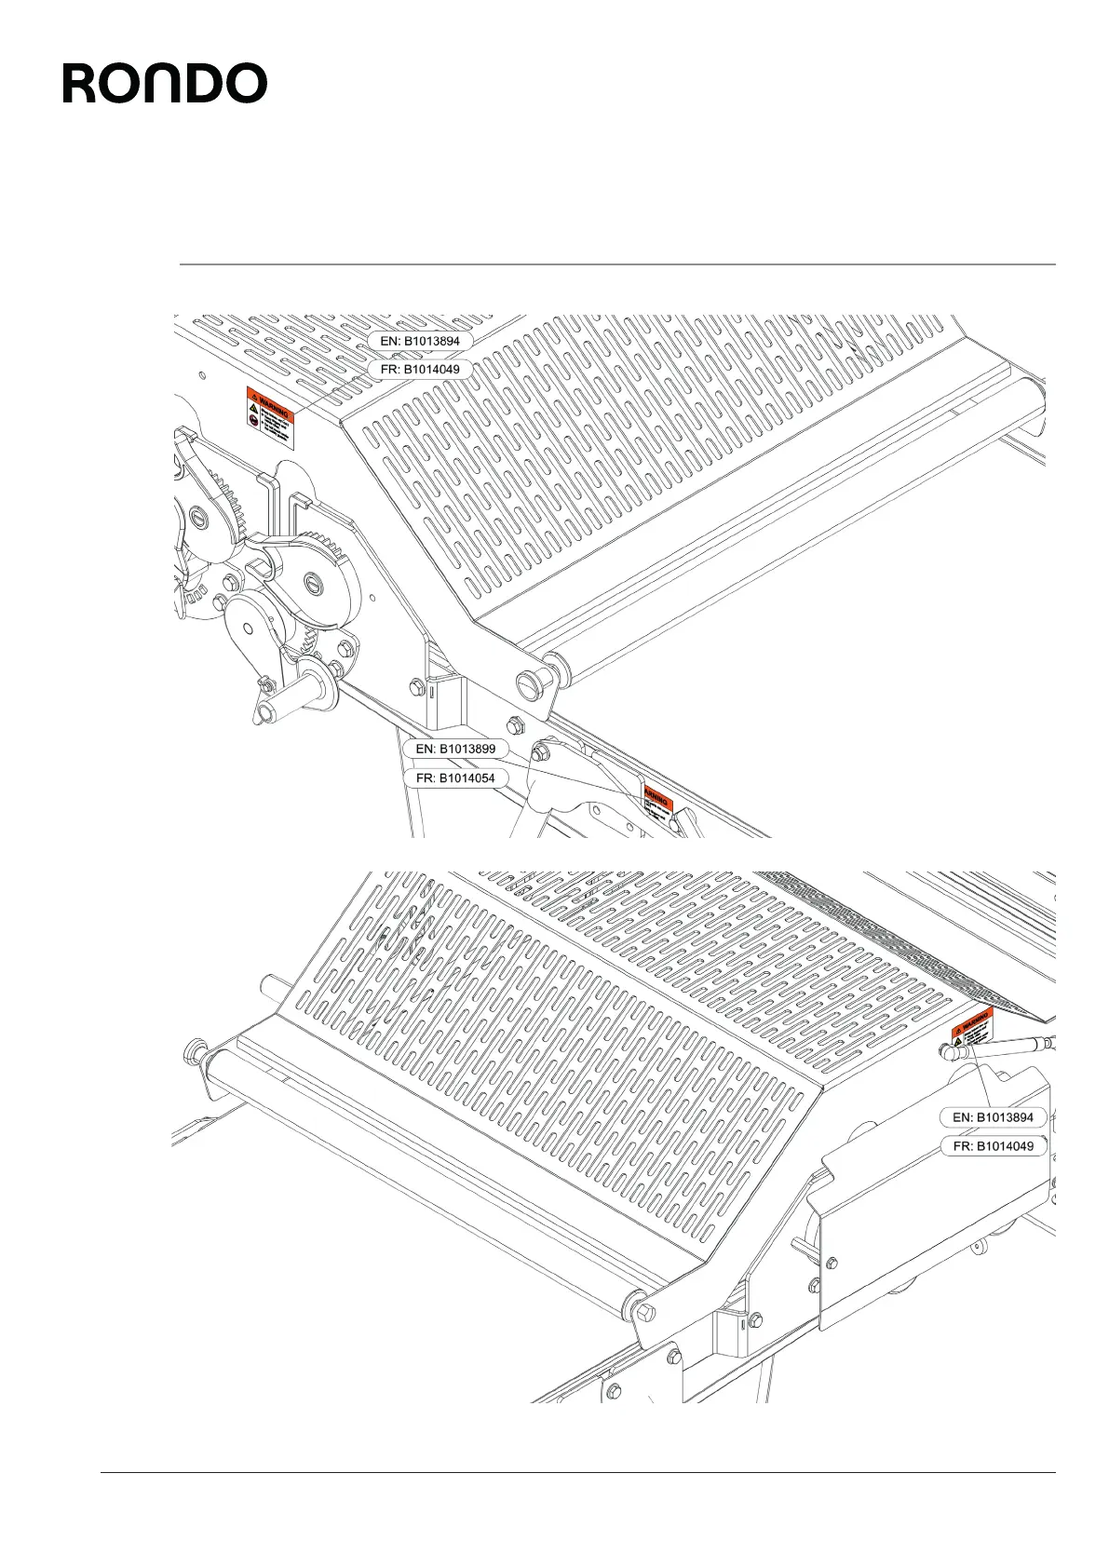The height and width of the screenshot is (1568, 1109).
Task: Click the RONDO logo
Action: [x=165, y=84]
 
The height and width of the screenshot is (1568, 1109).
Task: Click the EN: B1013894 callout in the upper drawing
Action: [x=420, y=341]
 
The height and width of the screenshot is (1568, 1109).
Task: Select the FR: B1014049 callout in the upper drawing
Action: [x=420, y=369]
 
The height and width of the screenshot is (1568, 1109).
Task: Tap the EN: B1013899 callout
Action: [x=455, y=749]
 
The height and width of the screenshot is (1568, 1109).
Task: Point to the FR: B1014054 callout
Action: [x=455, y=777]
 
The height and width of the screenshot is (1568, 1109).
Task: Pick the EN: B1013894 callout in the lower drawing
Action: [x=993, y=1117]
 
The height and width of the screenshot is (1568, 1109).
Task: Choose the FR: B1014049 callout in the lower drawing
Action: [x=994, y=1146]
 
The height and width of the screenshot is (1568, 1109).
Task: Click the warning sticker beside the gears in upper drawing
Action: [x=269, y=418]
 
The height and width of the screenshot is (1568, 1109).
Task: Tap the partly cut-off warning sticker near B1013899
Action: [x=658, y=805]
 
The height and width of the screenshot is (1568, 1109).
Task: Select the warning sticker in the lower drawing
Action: [x=972, y=1030]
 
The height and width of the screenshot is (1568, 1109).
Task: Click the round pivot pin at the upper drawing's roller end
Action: [x=530, y=683]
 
